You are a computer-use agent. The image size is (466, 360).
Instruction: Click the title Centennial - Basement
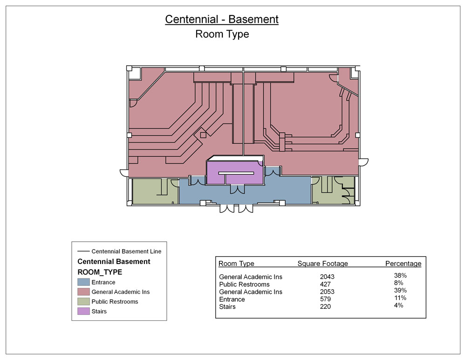click(222, 20)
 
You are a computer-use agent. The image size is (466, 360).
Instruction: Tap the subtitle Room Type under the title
click(222, 34)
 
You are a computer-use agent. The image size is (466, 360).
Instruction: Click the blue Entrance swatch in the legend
click(83, 282)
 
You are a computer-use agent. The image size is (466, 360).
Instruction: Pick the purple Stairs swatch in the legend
click(83, 311)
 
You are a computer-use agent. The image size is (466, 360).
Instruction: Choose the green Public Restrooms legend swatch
click(83, 301)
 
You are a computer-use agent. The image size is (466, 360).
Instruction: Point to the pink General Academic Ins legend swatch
click(83, 292)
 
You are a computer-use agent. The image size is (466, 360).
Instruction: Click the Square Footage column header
click(322, 264)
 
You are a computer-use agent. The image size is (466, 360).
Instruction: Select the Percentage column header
click(403, 264)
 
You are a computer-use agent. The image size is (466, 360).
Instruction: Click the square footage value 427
click(325, 284)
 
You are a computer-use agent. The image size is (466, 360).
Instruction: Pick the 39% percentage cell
click(400, 291)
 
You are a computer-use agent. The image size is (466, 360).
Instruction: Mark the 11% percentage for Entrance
click(400, 298)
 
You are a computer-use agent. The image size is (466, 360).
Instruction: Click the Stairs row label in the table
click(227, 306)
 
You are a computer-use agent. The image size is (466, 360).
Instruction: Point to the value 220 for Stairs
click(325, 306)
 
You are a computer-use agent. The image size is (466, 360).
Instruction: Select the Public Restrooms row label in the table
click(244, 284)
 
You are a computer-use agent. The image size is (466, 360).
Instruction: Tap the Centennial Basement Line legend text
click(126, 251)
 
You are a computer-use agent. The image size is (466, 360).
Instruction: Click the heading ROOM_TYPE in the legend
click(100, 272)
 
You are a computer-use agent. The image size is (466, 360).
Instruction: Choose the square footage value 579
click(325, 299)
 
